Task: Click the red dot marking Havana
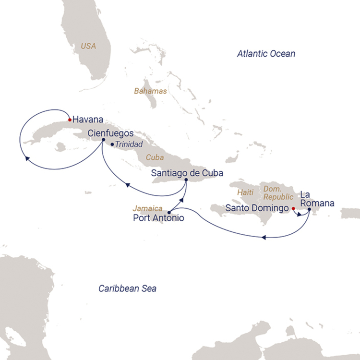click(x=70, y=120)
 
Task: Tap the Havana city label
click(x=88, y=120)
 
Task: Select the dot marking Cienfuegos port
click(x=104, y=140)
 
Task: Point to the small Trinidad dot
click(x=112, y=144)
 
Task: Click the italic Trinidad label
click(x=129, y=144)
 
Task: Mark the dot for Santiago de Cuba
click(x=186, y=180)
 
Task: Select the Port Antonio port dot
click(x=169, y=212)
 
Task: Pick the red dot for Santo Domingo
click(x=293, y=209)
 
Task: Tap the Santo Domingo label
click(x=257, y=209)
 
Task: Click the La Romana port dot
click(x=310, y=209)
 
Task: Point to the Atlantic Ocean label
click(x=266, y=54)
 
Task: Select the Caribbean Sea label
click(x=127, y=288)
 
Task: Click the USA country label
click(x=88, y=46)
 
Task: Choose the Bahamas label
click(x=150, y=91)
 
